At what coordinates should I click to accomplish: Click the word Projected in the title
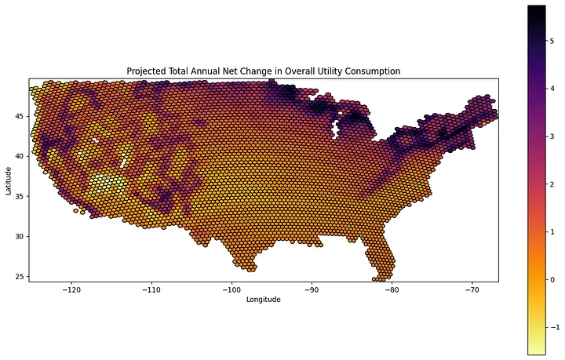tap(141, 71)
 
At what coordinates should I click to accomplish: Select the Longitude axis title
tap(264, 299)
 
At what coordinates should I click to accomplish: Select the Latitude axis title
tap(9, 180)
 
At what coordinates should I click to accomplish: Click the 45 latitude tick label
tap(20, 116)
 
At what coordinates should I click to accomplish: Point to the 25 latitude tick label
tap(20, 277)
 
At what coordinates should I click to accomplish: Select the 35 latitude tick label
tap(20, 196)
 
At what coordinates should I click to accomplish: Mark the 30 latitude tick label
tap(20, 237)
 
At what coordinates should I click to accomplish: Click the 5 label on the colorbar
tap(552, 41)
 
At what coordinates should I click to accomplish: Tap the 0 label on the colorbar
tap(552, 280)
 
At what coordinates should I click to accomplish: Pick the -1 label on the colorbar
tap(556, 327)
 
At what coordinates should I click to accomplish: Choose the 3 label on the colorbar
tap(552, 136)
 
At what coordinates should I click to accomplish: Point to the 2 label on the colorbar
tap(552, 184)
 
